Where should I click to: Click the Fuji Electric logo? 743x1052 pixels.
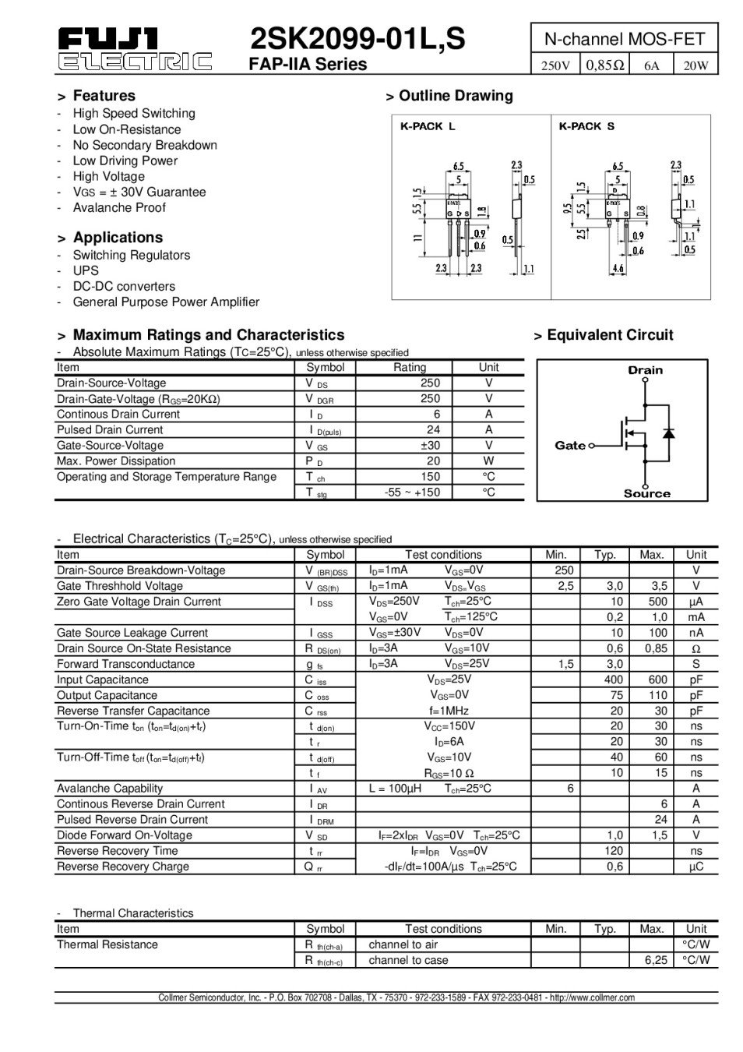coord(134,49)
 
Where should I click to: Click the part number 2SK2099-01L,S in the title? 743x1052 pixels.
coord(357,38)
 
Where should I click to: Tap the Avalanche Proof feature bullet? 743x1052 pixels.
coord(118,207)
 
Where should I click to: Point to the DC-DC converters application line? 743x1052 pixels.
coord(124,286)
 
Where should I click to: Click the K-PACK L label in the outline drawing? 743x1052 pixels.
coord(428,126)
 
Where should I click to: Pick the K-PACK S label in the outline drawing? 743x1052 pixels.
coord(586,126)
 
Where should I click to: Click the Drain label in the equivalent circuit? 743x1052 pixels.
coord(645,370)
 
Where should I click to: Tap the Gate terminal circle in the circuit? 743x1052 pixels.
coord(592,446)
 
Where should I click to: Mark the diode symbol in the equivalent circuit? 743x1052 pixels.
coord(667,432)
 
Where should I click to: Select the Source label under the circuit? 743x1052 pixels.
coord(646,493)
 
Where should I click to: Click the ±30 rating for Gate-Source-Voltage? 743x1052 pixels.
coord(429,445)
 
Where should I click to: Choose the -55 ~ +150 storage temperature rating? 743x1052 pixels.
coord(412,492)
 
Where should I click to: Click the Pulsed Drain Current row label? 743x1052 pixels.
coord(110,429)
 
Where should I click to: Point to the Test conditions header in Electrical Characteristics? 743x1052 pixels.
coord(443,554)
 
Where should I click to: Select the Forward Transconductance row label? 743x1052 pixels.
coord(125,663)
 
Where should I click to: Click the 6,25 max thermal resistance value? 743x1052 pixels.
coord(656,960)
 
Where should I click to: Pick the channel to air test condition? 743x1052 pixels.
coord(403,944)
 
